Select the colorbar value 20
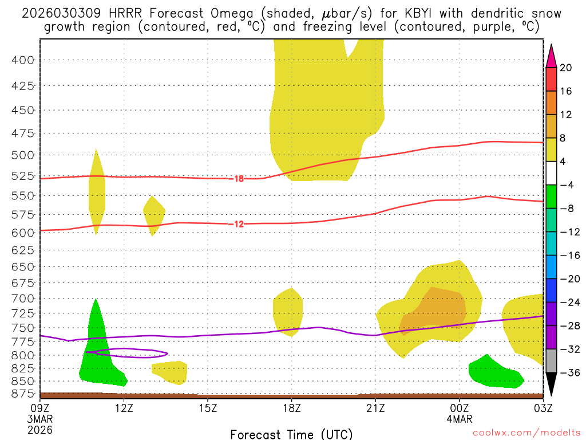click(x=566, y=68)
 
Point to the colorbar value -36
click(x=566, y=372)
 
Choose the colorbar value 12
click(x=566, y=115)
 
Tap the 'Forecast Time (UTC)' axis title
click(x=291, y=434)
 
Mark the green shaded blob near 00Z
click(x=492, y=374)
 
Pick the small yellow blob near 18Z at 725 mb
click(x=288, y=309)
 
